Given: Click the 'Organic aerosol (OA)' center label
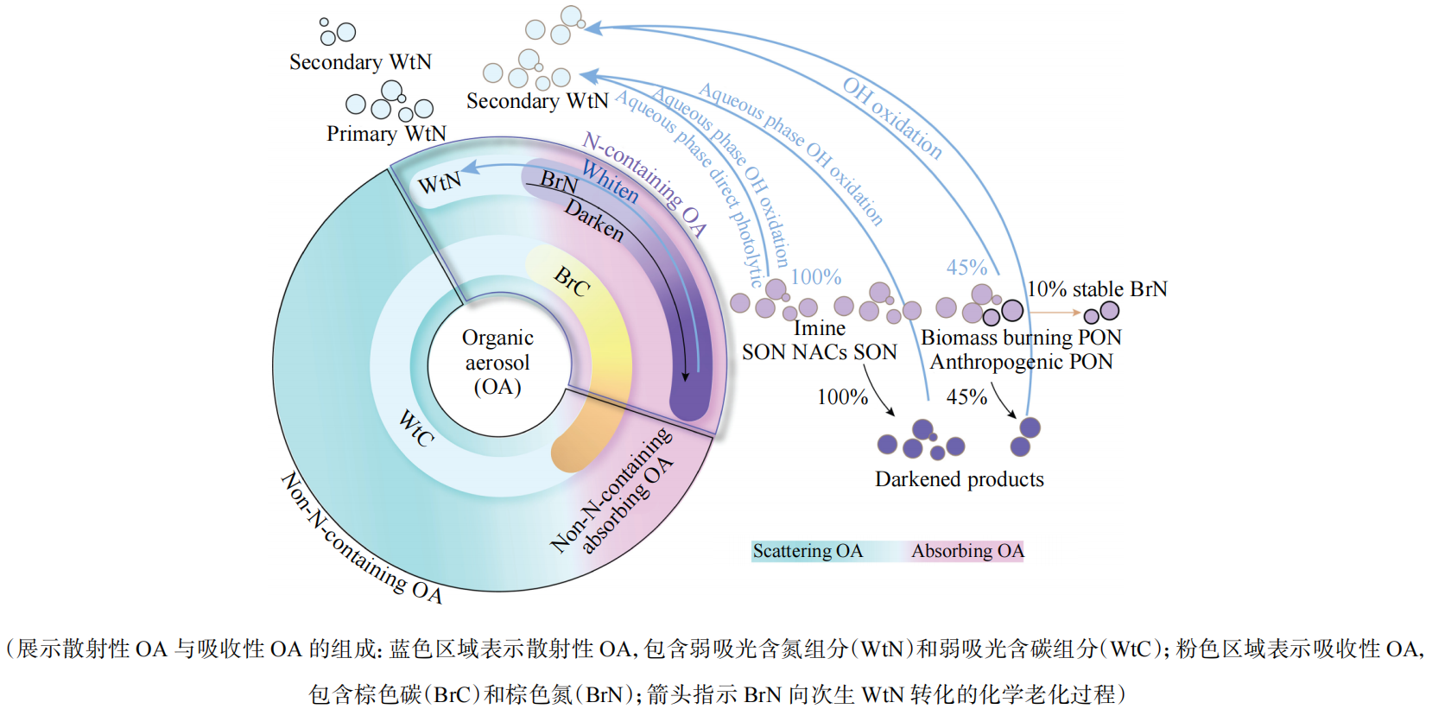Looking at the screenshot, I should (x=497, y=362).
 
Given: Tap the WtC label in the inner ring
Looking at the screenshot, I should (x=415, y=428).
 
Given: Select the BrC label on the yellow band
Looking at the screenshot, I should (x=573, y=282).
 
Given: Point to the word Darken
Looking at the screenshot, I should (x=594, y=220).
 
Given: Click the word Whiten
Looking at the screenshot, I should (x=610, y=182).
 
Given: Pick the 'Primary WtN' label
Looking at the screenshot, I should (x=386, y=134).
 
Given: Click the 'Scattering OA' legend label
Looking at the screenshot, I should (x=808, y=551).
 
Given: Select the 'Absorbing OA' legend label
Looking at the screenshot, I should (x=967, y=551).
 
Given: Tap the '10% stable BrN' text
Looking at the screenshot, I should (x=1097, y=289).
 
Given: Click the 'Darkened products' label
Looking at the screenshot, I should (x=959, y=479).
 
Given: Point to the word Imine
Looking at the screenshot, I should (x=820, y=329).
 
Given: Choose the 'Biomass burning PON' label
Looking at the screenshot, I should (x=1021, y=338).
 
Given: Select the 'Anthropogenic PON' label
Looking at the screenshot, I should (x=1021, y=362).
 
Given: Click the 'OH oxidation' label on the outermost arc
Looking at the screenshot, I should (x=892, y=117).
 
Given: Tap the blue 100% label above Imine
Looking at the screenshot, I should (x=815, y=277).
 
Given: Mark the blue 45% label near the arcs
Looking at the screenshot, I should (x=966, y=268).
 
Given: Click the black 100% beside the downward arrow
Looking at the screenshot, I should (x=842, y=397).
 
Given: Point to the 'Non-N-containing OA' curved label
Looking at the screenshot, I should (x=361, y=539).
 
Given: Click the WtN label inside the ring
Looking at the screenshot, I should (x=440, y=183).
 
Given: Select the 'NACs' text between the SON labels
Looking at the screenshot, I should (x=820, y=352).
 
